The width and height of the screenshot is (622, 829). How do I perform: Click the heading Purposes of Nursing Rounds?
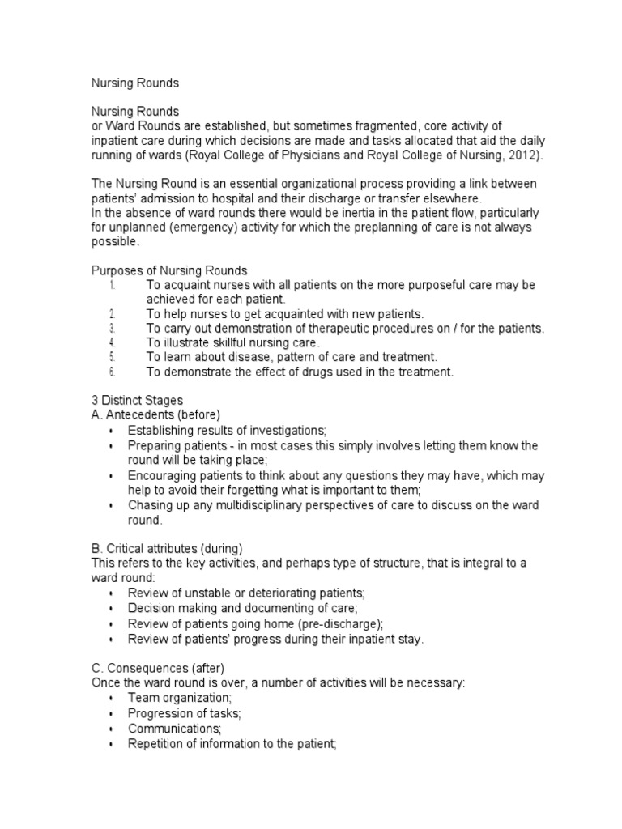(168, 270)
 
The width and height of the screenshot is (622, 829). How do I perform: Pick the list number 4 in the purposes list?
(113, 343)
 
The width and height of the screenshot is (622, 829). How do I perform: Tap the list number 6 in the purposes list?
(113, 372)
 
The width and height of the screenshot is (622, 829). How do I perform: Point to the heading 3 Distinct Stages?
(136, 401)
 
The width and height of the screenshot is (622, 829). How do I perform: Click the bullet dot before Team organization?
(110, 699)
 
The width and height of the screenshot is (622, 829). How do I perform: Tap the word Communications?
(168, 729)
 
